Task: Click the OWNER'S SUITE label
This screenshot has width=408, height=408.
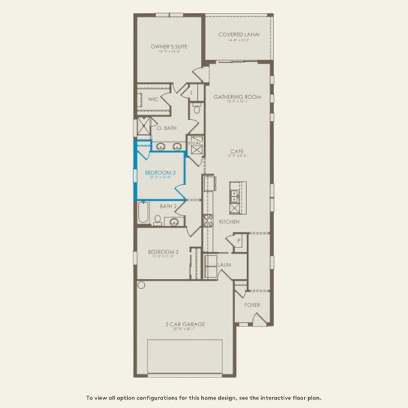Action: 169,46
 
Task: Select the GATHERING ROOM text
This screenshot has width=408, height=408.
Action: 237,97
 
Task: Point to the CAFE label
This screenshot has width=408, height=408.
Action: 237,151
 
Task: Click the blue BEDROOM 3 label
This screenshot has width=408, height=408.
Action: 160,173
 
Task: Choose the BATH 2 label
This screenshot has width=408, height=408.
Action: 168,206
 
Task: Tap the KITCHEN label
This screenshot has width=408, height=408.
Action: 229,222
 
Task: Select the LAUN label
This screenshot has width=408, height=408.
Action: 223,264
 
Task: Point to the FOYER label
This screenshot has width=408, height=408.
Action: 252,305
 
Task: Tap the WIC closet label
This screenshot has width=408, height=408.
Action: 153,99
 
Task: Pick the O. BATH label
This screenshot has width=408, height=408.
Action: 167,128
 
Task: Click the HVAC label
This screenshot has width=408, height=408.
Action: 196,143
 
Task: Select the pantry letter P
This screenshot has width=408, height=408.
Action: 239,241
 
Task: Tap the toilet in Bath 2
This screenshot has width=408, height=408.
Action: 158,220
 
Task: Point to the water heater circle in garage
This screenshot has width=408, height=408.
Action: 141,285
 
